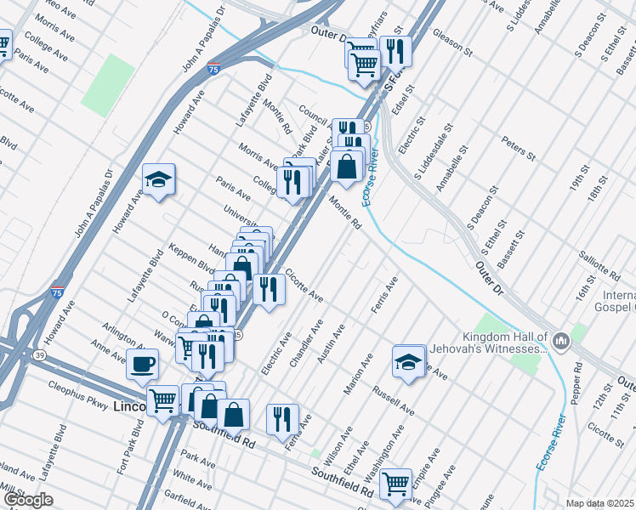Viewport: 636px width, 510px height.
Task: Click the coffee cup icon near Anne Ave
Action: pos(142,365)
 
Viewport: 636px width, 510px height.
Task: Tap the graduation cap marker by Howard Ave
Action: pos(158,179)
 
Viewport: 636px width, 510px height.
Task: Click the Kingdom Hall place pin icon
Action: pos(560,342)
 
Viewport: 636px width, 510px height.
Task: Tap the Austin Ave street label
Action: pos(331,343)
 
